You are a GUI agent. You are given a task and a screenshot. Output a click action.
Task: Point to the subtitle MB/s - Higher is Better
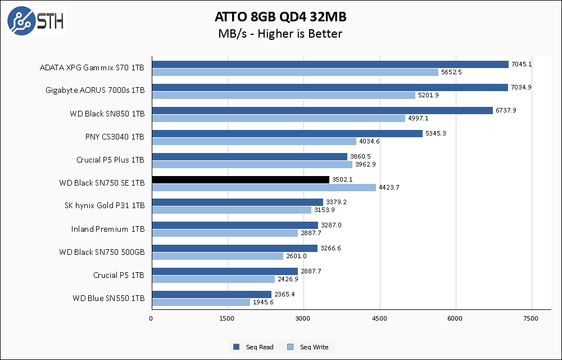[280, 34]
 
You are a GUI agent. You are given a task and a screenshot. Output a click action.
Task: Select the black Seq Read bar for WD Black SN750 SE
[240, 179]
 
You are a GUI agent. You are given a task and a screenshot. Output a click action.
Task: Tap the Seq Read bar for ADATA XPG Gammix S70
[330, 64]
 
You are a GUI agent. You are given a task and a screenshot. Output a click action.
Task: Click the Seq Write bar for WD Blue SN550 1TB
[201, 302]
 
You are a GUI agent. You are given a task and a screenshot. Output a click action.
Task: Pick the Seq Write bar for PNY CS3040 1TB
[253, 141]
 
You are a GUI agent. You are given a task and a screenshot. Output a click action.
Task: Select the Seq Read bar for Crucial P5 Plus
[250, 156]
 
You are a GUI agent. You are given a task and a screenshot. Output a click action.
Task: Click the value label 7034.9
[521, 87]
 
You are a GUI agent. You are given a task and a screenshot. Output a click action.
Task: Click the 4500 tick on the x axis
[380, 319]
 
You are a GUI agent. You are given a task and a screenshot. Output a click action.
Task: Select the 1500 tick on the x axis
[227, 319]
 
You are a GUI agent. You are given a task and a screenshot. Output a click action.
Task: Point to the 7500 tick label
[532, 319]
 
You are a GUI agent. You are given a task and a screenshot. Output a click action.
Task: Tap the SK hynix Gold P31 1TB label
[105, 206]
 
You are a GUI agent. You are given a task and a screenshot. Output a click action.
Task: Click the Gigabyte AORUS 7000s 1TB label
[95, 91]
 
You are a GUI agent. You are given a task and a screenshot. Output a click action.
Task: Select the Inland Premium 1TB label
[108, 229]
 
